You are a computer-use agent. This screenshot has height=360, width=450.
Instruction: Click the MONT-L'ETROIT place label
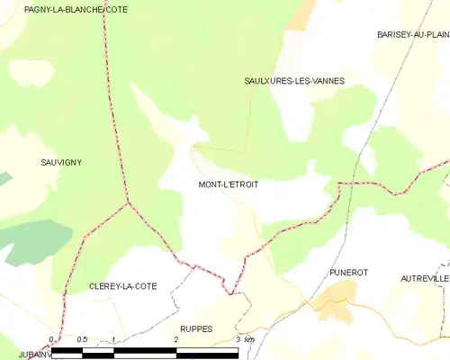pos(228,184)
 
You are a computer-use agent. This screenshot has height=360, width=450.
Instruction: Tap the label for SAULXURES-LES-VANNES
pos(294,81)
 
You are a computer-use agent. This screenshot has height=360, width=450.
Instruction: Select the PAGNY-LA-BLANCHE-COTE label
pos(64,8)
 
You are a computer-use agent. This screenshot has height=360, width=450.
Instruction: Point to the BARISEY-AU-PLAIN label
pos(413,34)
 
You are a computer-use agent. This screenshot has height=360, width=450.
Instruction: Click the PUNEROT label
pos(350,272)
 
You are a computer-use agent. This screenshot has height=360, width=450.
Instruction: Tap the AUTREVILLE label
pos(425,279)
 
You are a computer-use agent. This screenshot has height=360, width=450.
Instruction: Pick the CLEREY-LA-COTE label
pos(122,286)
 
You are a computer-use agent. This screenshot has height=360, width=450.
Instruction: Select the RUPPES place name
pos(196,329)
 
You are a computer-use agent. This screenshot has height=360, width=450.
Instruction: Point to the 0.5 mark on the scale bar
pos(82,339)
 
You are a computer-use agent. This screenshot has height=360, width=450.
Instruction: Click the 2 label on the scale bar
pos(176,339)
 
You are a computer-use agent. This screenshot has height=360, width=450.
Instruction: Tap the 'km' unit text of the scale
pos(249,339)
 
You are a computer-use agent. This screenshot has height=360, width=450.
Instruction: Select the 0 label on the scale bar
pos(51,339)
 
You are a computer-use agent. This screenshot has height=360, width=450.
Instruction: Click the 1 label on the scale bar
pos(113,339)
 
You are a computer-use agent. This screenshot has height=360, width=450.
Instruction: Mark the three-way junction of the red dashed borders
pos(128,202)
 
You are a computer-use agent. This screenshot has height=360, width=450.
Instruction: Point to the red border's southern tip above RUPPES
pos(231,293)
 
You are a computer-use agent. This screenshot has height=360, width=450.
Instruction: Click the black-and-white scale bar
pos(144,351)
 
